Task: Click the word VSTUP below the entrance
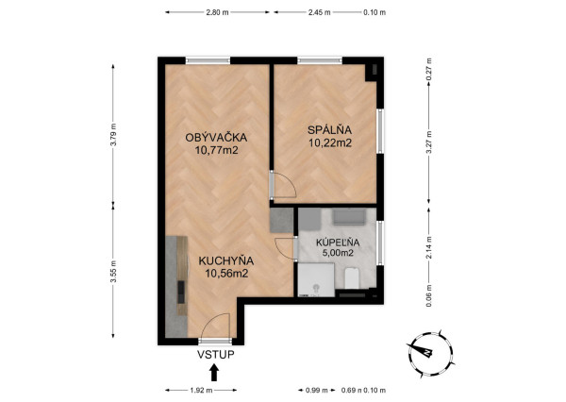pyautogui.click(x=215, y=355)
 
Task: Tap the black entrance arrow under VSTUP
pyautogui.click(x=214, y=374)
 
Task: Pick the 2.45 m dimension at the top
pyautogui.click(x=321, y=12)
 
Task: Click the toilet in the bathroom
pyautogui.click(x=350, y=277)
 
